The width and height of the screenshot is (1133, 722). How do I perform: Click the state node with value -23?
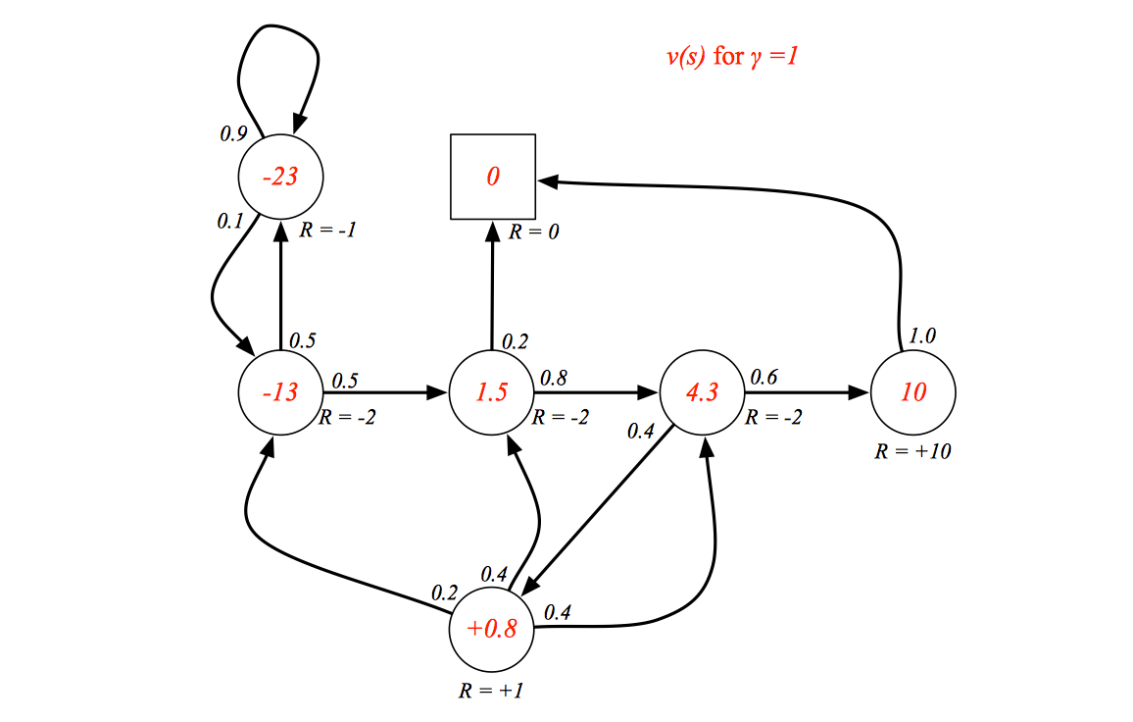tap(280, 177)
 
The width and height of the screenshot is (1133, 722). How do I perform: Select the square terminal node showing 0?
tap(493, 177)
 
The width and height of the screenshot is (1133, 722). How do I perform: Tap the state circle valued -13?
tap(280, 392)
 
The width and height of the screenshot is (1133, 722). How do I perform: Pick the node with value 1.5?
tap(491, 392)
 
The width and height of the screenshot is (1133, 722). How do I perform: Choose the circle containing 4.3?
tap(703, 392)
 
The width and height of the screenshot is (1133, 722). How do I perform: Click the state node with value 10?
tap(913, 392)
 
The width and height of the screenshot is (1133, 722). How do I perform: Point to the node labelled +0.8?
tap(491, 629)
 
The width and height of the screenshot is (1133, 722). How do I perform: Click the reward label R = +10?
tap(912, 451)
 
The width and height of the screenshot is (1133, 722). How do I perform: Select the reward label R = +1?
tap(491, 691)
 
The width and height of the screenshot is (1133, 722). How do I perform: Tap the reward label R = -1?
tap(328, 230)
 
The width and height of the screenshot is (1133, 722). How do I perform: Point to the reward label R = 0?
tap(534, 232)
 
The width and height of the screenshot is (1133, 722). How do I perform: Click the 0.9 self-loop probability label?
tap(233, 133)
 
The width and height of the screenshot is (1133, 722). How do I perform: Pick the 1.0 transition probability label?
tap(922, 335)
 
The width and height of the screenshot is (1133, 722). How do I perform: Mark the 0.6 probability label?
tap(764, 377)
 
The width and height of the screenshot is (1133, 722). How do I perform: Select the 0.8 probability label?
tap(554, 378)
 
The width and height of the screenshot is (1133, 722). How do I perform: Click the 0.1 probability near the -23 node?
tap(229, 222)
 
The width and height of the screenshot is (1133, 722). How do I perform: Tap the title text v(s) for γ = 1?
tap(732, 56)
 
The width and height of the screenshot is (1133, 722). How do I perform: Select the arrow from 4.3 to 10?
tap(808, 392)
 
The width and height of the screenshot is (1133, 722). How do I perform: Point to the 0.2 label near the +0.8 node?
tap(444, 593)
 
